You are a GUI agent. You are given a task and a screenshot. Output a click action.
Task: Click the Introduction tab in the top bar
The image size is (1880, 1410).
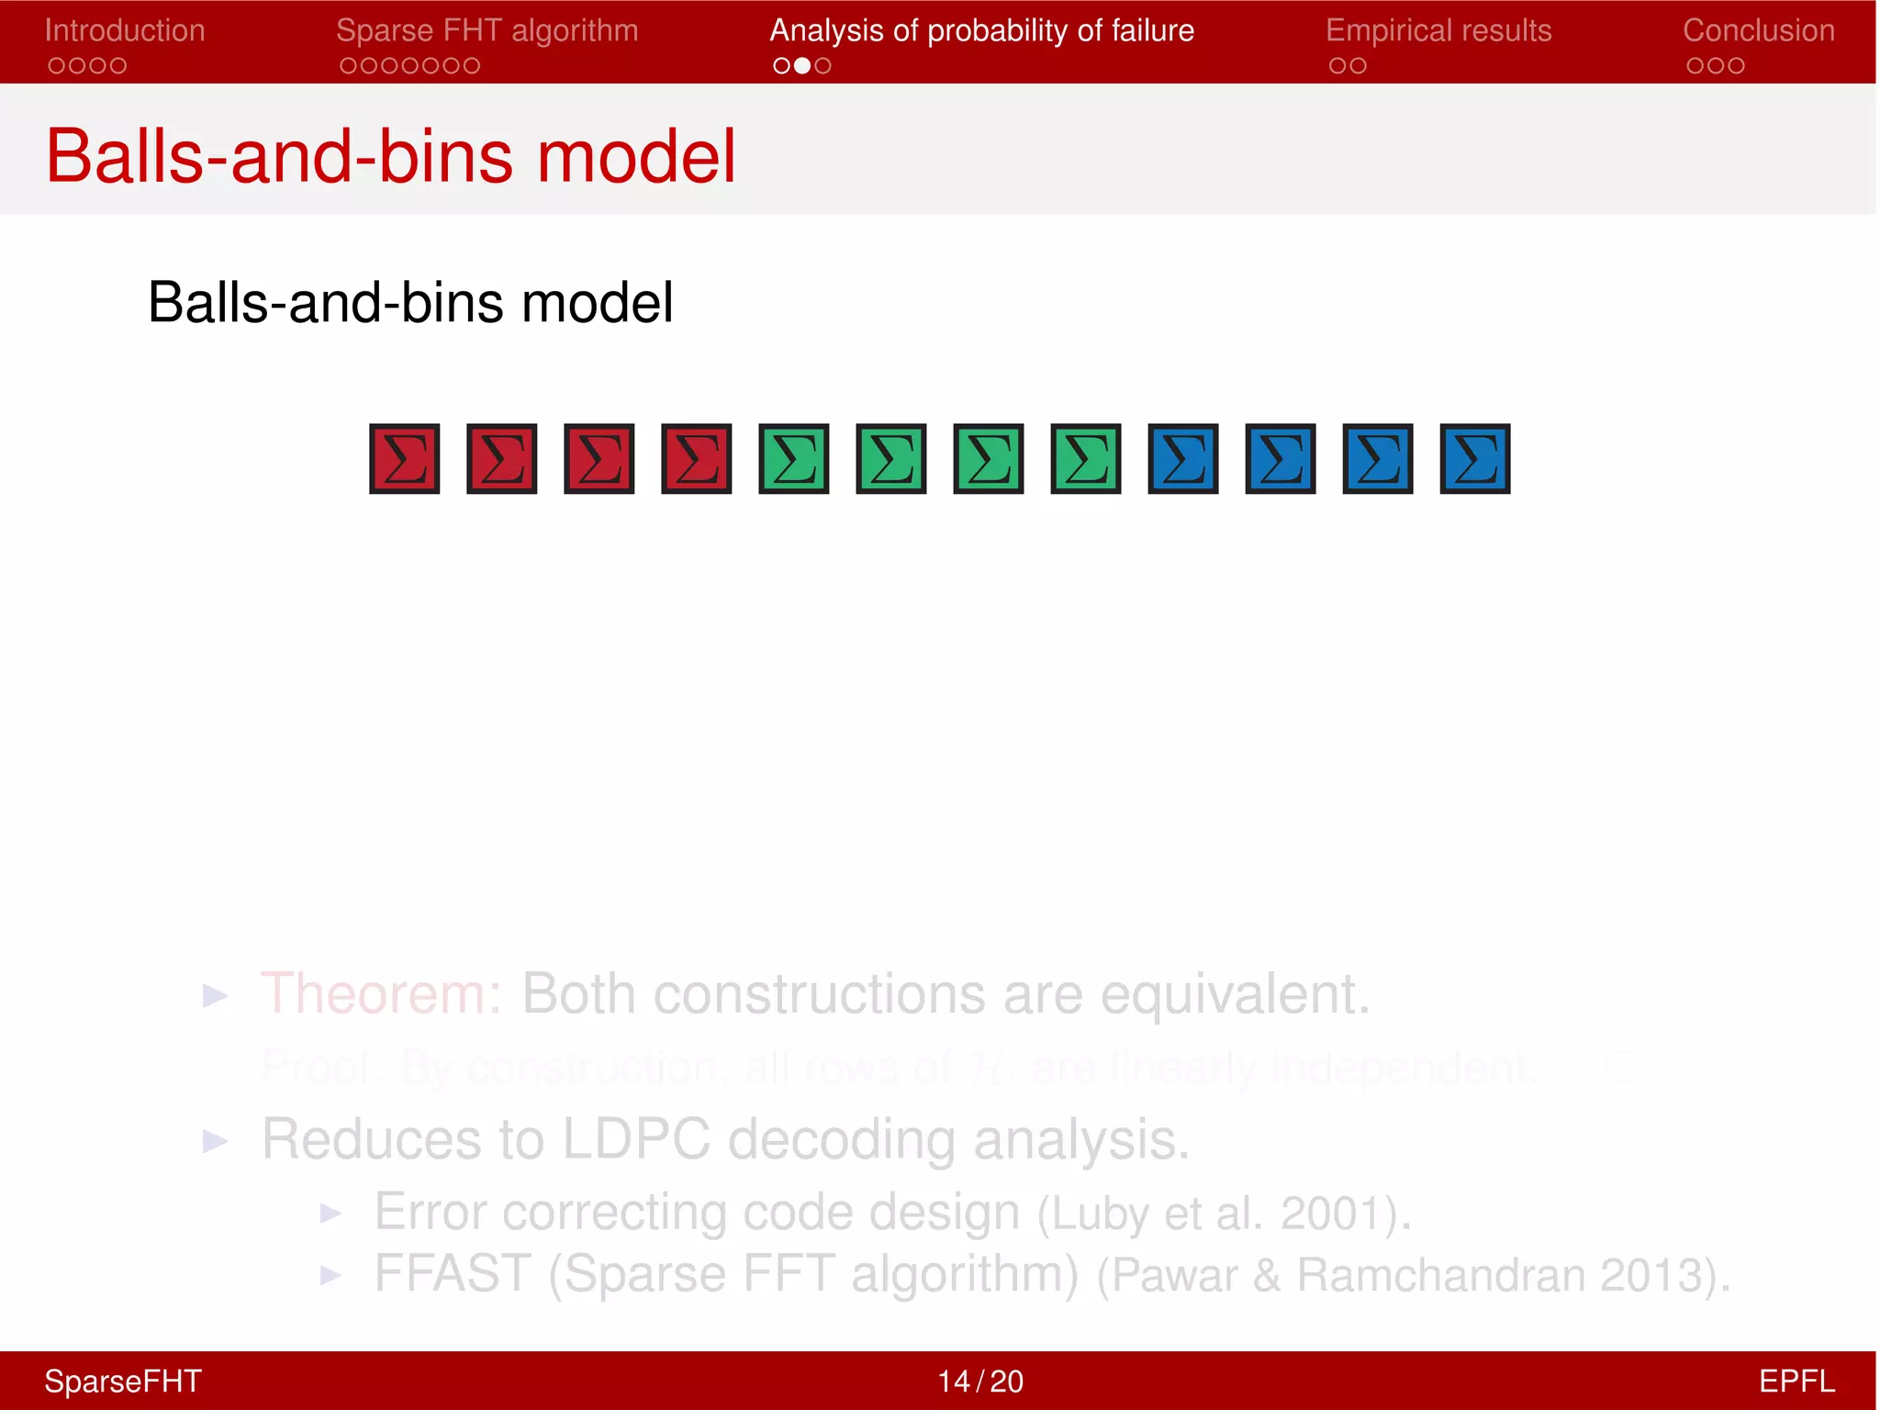125,31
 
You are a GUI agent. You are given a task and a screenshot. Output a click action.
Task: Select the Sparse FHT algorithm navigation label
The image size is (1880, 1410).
487,31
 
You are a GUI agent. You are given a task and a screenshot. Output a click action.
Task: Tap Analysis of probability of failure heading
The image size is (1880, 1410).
981,31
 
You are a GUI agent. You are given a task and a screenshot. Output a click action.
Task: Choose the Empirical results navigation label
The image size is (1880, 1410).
1438,31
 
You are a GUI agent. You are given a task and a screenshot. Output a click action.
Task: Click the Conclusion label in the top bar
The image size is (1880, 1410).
1758,31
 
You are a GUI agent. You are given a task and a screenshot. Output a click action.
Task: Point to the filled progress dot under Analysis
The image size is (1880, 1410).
802,66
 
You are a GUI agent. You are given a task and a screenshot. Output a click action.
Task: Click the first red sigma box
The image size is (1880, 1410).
405,459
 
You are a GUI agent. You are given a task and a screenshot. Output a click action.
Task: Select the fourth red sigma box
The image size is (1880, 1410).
697,459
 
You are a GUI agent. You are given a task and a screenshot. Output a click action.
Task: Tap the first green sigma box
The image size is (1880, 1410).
794,459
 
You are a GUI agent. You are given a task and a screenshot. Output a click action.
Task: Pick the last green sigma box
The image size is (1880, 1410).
1086,459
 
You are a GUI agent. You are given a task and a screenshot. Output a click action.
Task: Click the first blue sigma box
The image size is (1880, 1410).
1183,459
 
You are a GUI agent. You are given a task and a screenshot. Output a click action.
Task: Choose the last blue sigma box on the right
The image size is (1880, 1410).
1475,459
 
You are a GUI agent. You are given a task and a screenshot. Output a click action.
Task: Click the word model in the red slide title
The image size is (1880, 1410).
635,156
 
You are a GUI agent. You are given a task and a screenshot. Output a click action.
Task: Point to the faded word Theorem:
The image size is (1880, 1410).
381,994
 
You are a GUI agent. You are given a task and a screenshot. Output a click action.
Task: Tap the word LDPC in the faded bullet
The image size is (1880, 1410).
635,1140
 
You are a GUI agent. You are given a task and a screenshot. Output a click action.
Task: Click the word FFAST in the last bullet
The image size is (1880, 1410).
452,1274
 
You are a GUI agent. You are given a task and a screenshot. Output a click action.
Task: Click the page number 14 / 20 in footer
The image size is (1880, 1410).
979,1382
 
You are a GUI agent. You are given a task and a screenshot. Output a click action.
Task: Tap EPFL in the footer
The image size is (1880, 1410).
1796,1382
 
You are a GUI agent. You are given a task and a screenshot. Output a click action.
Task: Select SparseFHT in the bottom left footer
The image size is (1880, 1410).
123,1382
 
